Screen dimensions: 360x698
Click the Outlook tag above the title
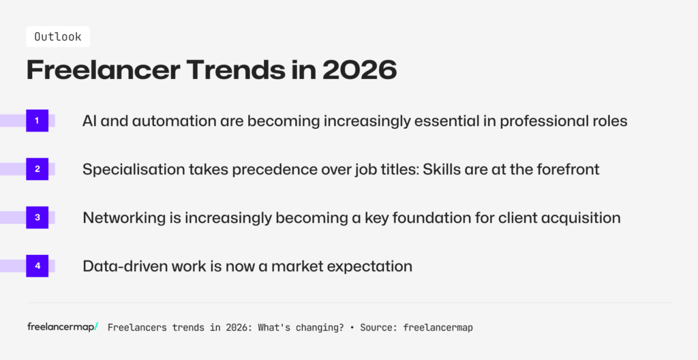[x=57, y=37]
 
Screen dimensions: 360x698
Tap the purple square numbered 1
[x=37, y=121]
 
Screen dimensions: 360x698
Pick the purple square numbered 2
[x=37, y=169]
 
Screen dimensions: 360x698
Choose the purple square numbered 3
[x=37, y=217]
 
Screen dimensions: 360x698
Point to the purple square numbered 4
[x=37, y=266]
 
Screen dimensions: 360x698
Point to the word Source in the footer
[x=377, y=327]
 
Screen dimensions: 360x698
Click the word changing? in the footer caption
[x=317, y=327]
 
